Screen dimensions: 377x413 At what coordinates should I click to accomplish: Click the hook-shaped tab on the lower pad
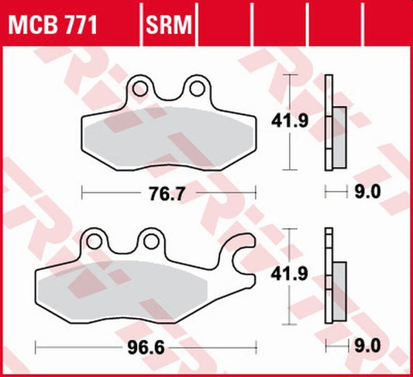(x=239, y=250)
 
